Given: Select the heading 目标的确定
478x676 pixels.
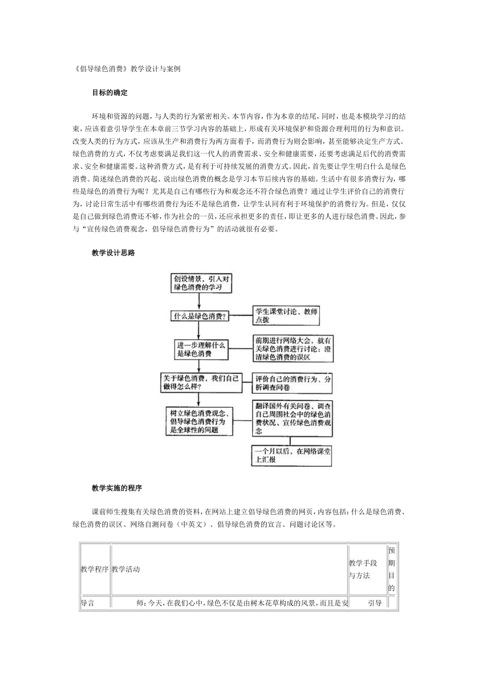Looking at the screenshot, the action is [x=110, y=93].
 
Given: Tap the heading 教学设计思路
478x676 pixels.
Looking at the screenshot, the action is [x=113, y=253].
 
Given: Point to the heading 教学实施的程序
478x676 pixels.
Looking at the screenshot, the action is [x=117, y=488].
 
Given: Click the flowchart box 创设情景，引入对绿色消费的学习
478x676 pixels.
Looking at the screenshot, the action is [x=200, y=283].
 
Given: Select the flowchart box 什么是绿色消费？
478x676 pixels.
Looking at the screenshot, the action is [x=200, y=316].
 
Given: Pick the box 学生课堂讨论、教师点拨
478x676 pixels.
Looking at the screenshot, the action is [x=286, y=315].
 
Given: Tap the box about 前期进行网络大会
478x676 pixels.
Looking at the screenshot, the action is [x=293, y=349].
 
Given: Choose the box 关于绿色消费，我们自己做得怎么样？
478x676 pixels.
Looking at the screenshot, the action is [x=200, y=382].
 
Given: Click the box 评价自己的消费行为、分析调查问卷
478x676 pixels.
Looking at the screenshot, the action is [x=293, y=383].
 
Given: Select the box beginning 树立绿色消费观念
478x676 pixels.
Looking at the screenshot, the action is [x=200, y=421].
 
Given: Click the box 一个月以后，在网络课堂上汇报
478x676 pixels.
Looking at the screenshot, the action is [x=292, y=455].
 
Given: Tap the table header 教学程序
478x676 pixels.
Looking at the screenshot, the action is [x=95, y=569].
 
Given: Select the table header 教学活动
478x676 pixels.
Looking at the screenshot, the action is [x=126, y=569].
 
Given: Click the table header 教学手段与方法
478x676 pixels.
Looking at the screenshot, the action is [x=367, y=569].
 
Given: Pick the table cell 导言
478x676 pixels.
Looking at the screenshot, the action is [x=88, y=603].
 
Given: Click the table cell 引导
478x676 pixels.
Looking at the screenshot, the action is [x=374, y=603].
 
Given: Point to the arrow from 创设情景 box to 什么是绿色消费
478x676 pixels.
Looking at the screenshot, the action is [x=200, y=302].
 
